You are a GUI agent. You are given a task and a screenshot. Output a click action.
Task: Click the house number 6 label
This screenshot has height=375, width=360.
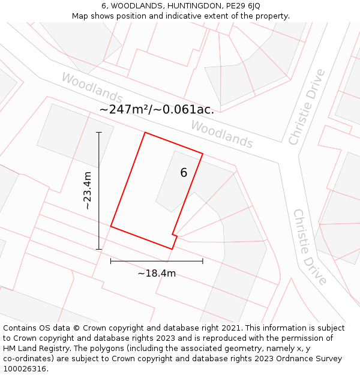tap(184, 173)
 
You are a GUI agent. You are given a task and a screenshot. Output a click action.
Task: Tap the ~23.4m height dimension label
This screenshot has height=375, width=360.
tap(88, 190)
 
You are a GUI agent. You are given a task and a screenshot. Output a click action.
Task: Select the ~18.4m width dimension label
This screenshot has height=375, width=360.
tap(157, 274)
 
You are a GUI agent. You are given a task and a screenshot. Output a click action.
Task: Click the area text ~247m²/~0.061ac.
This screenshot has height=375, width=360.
tap(157, 110)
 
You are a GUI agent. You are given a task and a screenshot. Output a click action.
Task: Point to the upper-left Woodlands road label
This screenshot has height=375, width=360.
tap(92, 88)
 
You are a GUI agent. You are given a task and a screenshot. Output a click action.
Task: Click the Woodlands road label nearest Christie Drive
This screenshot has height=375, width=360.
tap(221, 134)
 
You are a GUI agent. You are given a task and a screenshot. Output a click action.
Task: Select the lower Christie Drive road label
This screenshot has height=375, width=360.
tap(310, 247)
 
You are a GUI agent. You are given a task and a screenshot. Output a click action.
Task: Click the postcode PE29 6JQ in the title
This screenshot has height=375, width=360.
tap(240, 6)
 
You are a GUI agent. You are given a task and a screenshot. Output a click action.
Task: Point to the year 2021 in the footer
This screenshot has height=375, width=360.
tap(230, 328)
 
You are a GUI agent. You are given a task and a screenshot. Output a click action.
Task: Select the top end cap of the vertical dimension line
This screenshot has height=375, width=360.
tap(99, 132)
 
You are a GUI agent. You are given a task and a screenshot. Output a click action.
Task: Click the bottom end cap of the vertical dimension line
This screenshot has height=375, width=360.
tap(99, 249)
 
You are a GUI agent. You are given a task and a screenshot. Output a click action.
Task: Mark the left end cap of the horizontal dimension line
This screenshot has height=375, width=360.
tap(111, 261)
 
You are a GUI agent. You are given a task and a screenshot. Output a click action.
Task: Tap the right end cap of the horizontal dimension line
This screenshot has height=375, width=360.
tap(203, 261)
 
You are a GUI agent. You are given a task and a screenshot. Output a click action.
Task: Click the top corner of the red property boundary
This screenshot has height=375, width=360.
tap(145, 133)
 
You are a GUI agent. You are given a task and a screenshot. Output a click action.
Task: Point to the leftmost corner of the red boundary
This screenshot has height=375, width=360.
tap(111, 226)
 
